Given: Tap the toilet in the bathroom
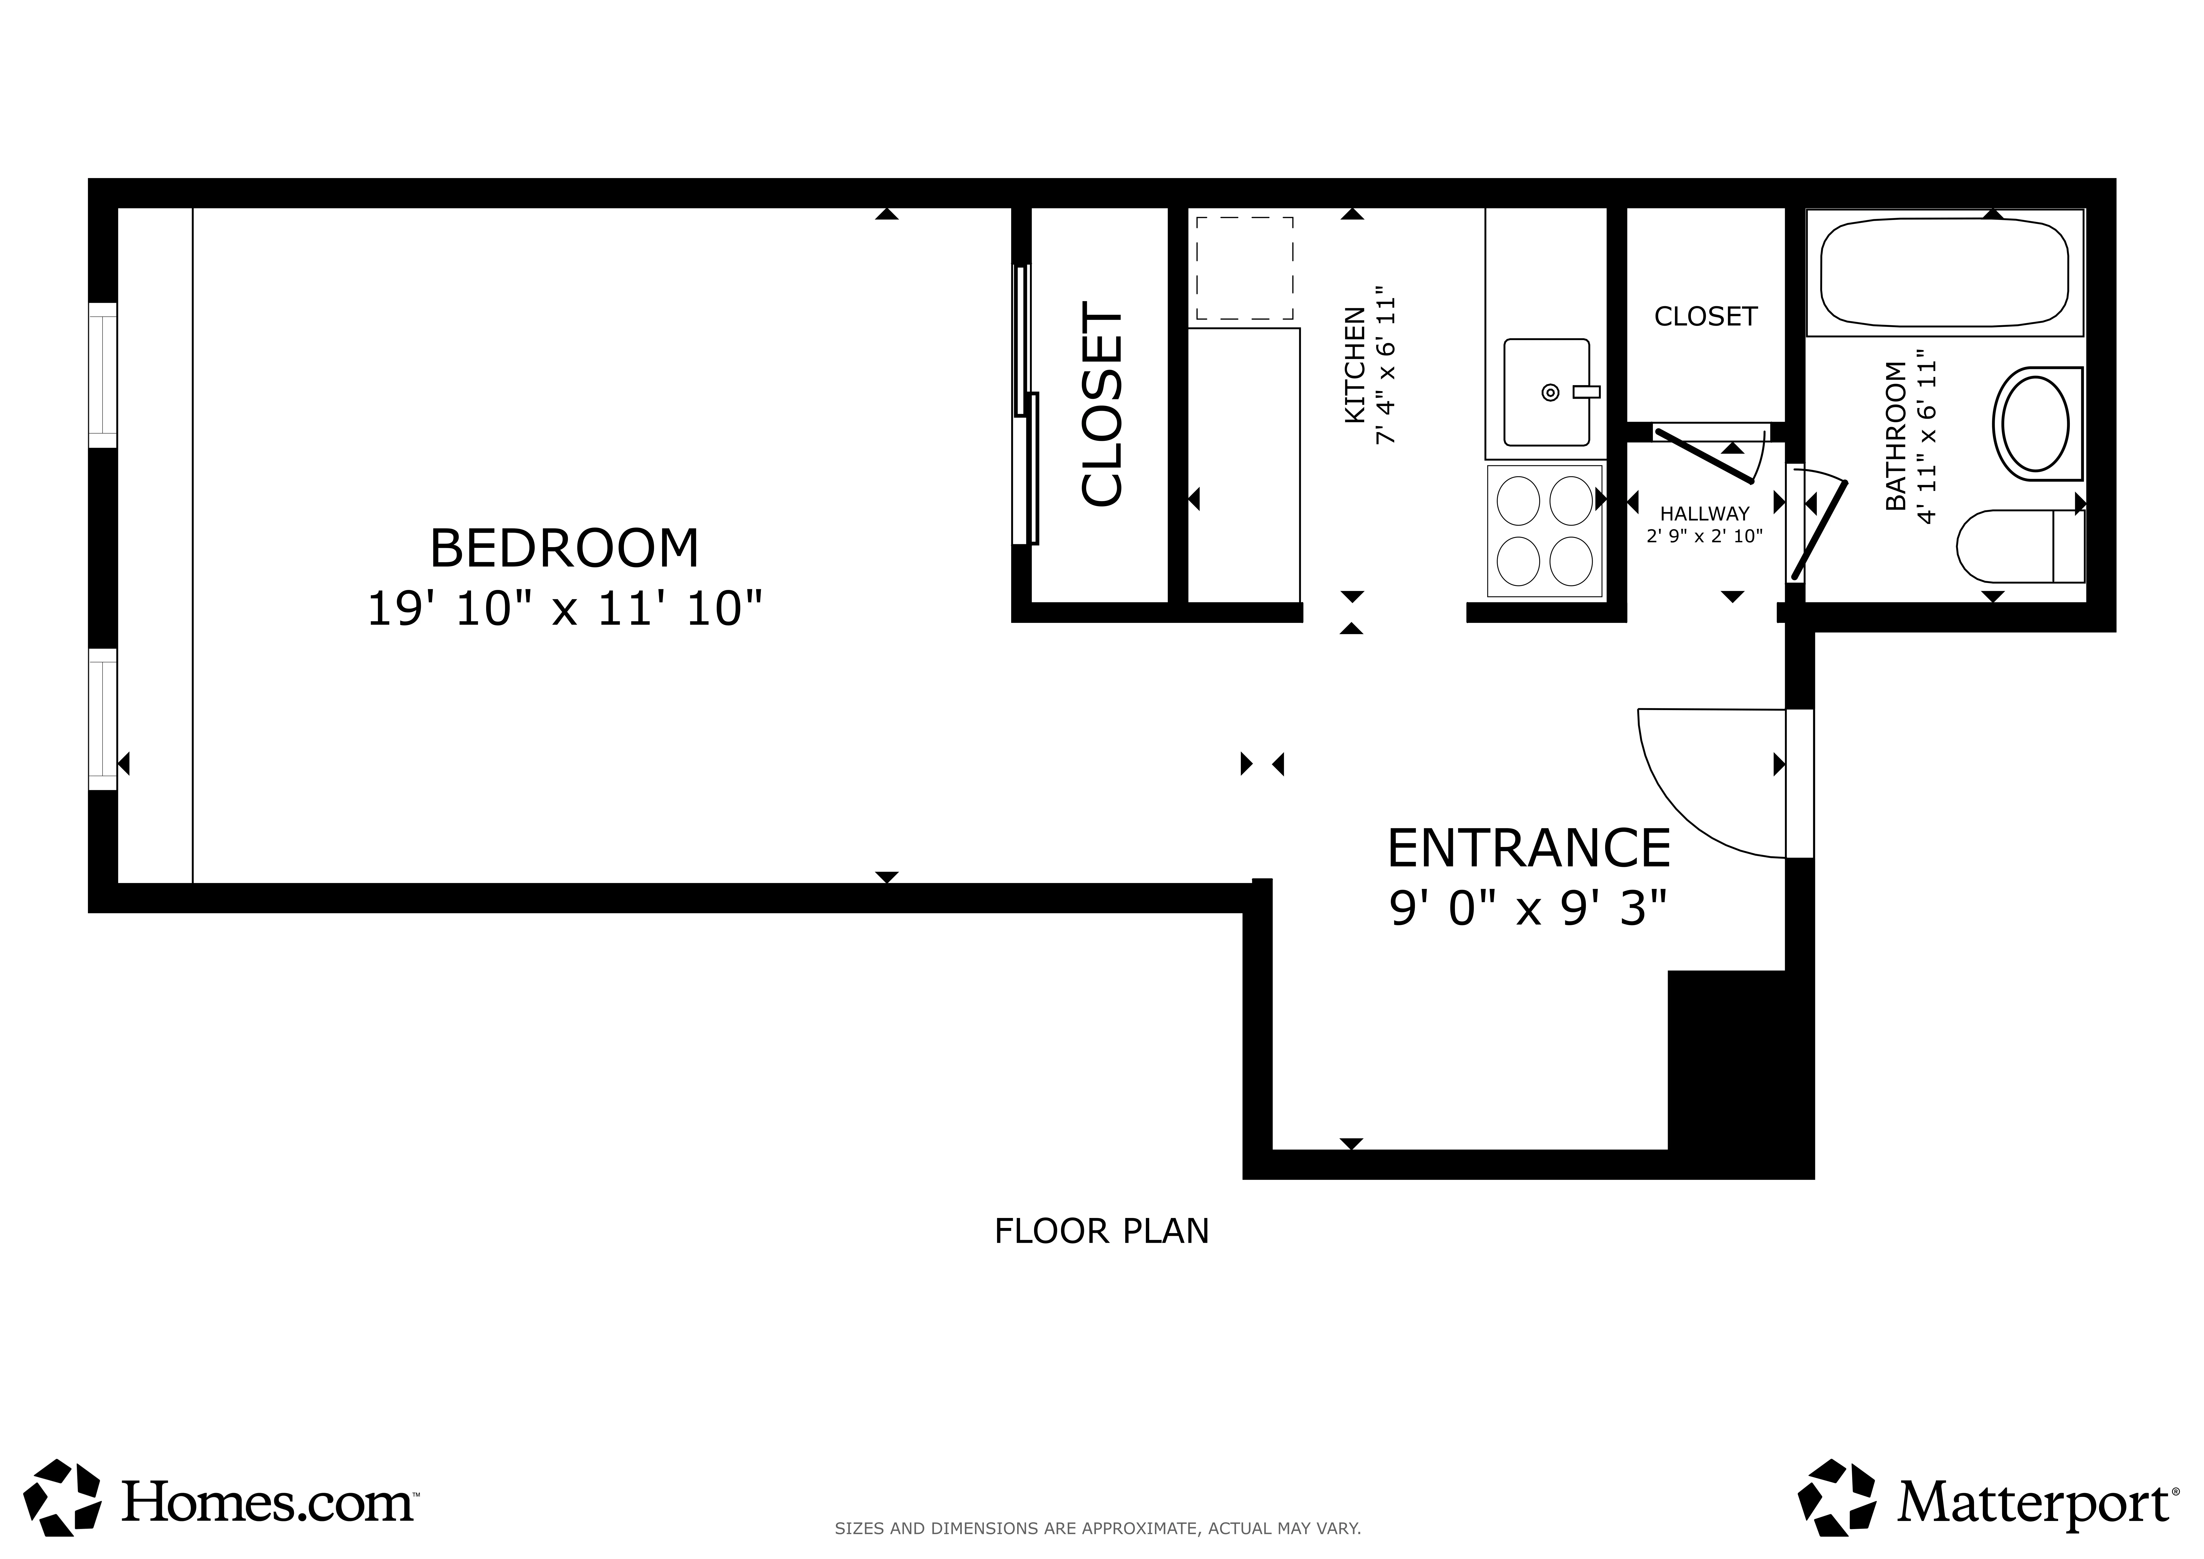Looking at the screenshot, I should coord(2016,546).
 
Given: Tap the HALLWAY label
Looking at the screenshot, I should coord(1705,513).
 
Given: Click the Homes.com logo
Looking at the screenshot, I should coord(221,1502).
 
